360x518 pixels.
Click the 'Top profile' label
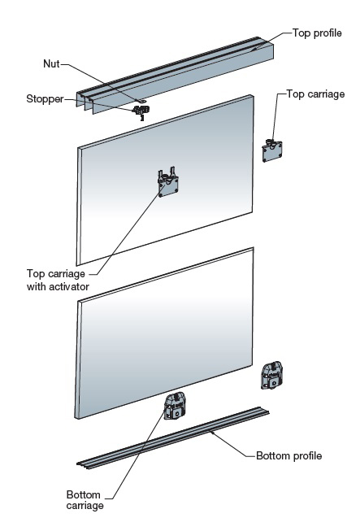click(x=317, y=33)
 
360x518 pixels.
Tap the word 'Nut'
click(x=51, y=63)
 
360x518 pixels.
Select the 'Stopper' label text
click(x=45, y=98)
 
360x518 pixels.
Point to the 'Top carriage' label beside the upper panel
click(x=315, y=94)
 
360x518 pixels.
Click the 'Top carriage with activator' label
click(x=58, y=280)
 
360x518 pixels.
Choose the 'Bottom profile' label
click(x=289, y=456)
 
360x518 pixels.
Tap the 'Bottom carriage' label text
click(x=85, y=500)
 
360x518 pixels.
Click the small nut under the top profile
click(x=143, y=101)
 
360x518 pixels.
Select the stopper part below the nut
click(x=141, y=111)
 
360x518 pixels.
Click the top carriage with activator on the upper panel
click(x=168, y=183)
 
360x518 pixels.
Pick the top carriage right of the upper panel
click(x=272, y=150)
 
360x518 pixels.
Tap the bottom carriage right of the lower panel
click(x=271, y=376)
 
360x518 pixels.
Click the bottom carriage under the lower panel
click(x=175, y=407)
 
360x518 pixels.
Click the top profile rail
click(x=176, y=76)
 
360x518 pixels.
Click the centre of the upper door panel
click(x=165, y=180)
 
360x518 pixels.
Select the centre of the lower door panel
click(x=164, y=333)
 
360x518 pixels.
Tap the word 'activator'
click(x=68, y=286)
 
